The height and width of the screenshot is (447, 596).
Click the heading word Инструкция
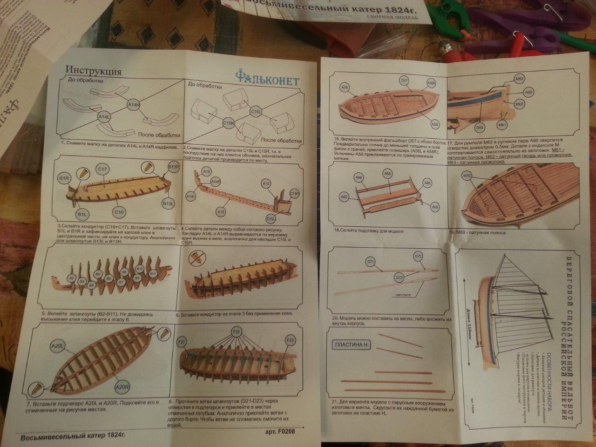[x=94, y=71]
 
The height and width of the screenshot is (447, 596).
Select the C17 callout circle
[x=103, y=169]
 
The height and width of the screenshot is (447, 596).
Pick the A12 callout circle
[x=266, y=184]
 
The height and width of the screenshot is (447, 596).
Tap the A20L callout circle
[x=57, y=345]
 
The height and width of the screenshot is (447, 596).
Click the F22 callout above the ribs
[x=237, y=331]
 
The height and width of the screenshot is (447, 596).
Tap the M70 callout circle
[x=467, y=176]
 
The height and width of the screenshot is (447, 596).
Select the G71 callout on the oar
[x=371, y=263]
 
